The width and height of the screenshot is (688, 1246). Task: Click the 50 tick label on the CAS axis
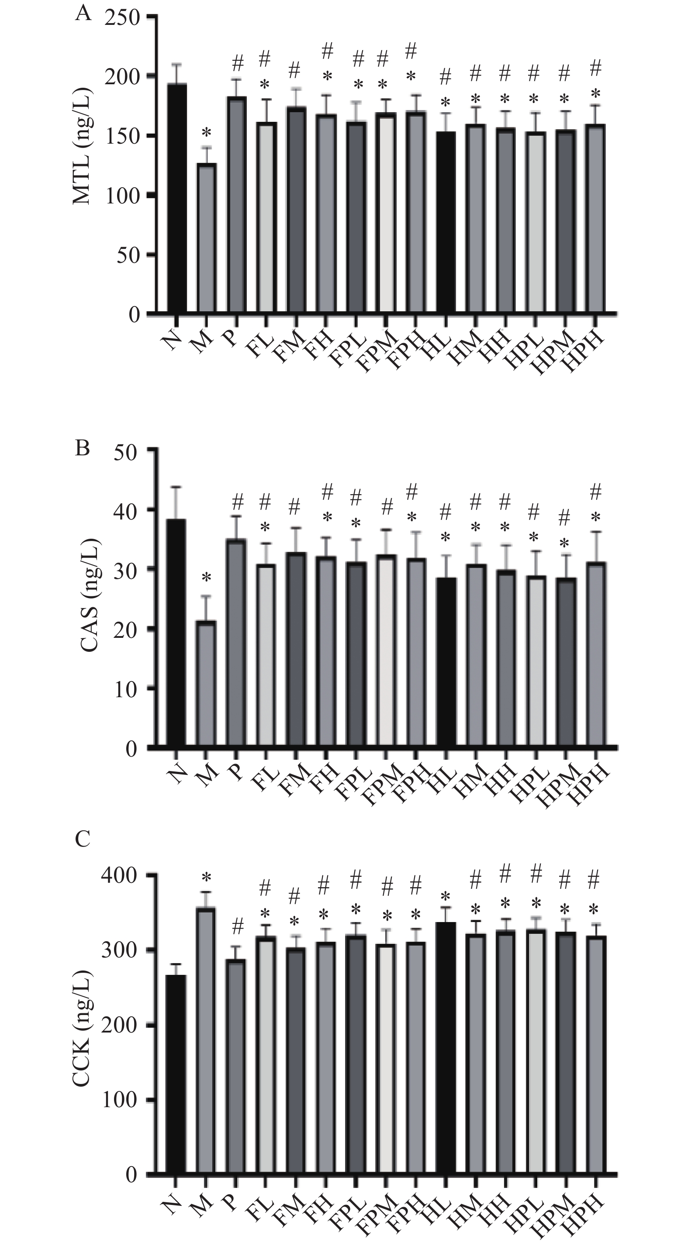point(127,451)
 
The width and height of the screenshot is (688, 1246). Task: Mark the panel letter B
point(83,448)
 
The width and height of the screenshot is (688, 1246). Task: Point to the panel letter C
point(83,839)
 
